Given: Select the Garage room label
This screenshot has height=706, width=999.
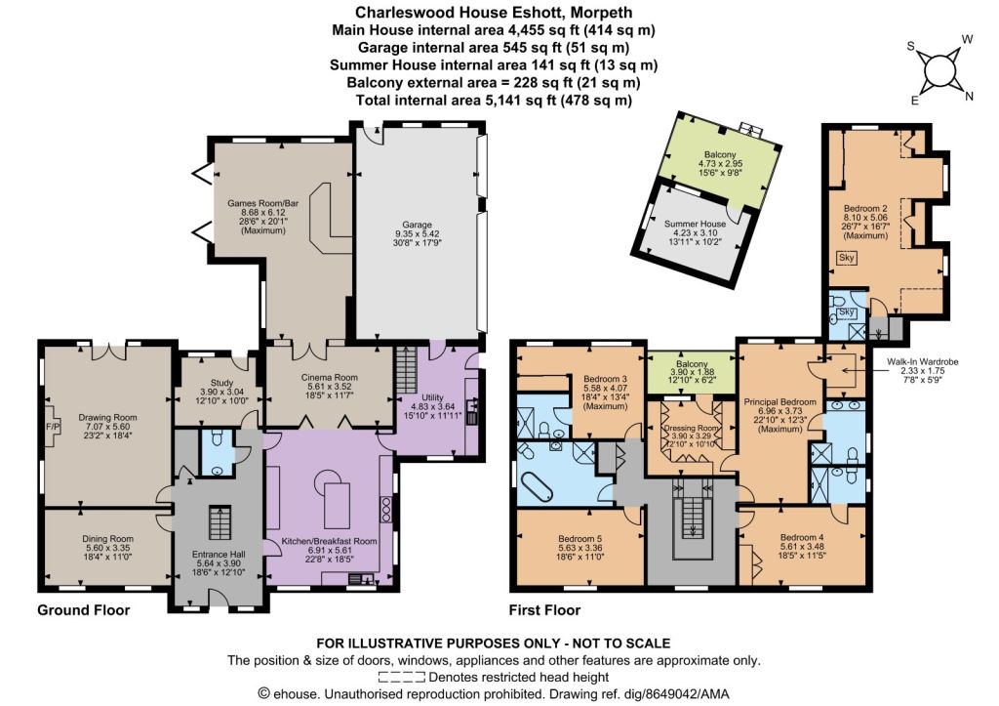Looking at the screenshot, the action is click(418, 225).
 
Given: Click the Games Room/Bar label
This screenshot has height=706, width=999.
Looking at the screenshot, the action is click(263, 203).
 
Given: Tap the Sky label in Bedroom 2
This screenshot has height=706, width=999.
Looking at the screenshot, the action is click(846, 258).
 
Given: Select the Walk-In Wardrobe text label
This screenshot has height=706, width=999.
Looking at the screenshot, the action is click(923, 361).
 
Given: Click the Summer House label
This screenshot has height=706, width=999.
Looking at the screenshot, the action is click(695, 224).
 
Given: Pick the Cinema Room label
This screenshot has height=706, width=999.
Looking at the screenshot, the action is click(330, 378).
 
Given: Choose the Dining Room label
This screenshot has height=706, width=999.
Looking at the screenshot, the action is click(107, 539).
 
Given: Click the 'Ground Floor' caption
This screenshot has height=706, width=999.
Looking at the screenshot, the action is click(84, 610).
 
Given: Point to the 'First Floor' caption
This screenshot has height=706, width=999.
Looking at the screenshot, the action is click(544, 610).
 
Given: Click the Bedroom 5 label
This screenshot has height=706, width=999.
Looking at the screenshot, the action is click(580, 538).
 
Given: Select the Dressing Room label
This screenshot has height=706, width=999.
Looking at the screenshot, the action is click(691, 429).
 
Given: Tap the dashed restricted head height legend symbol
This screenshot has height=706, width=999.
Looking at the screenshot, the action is click(401, 677).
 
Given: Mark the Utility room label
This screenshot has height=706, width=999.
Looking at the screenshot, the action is click(432, 397).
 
